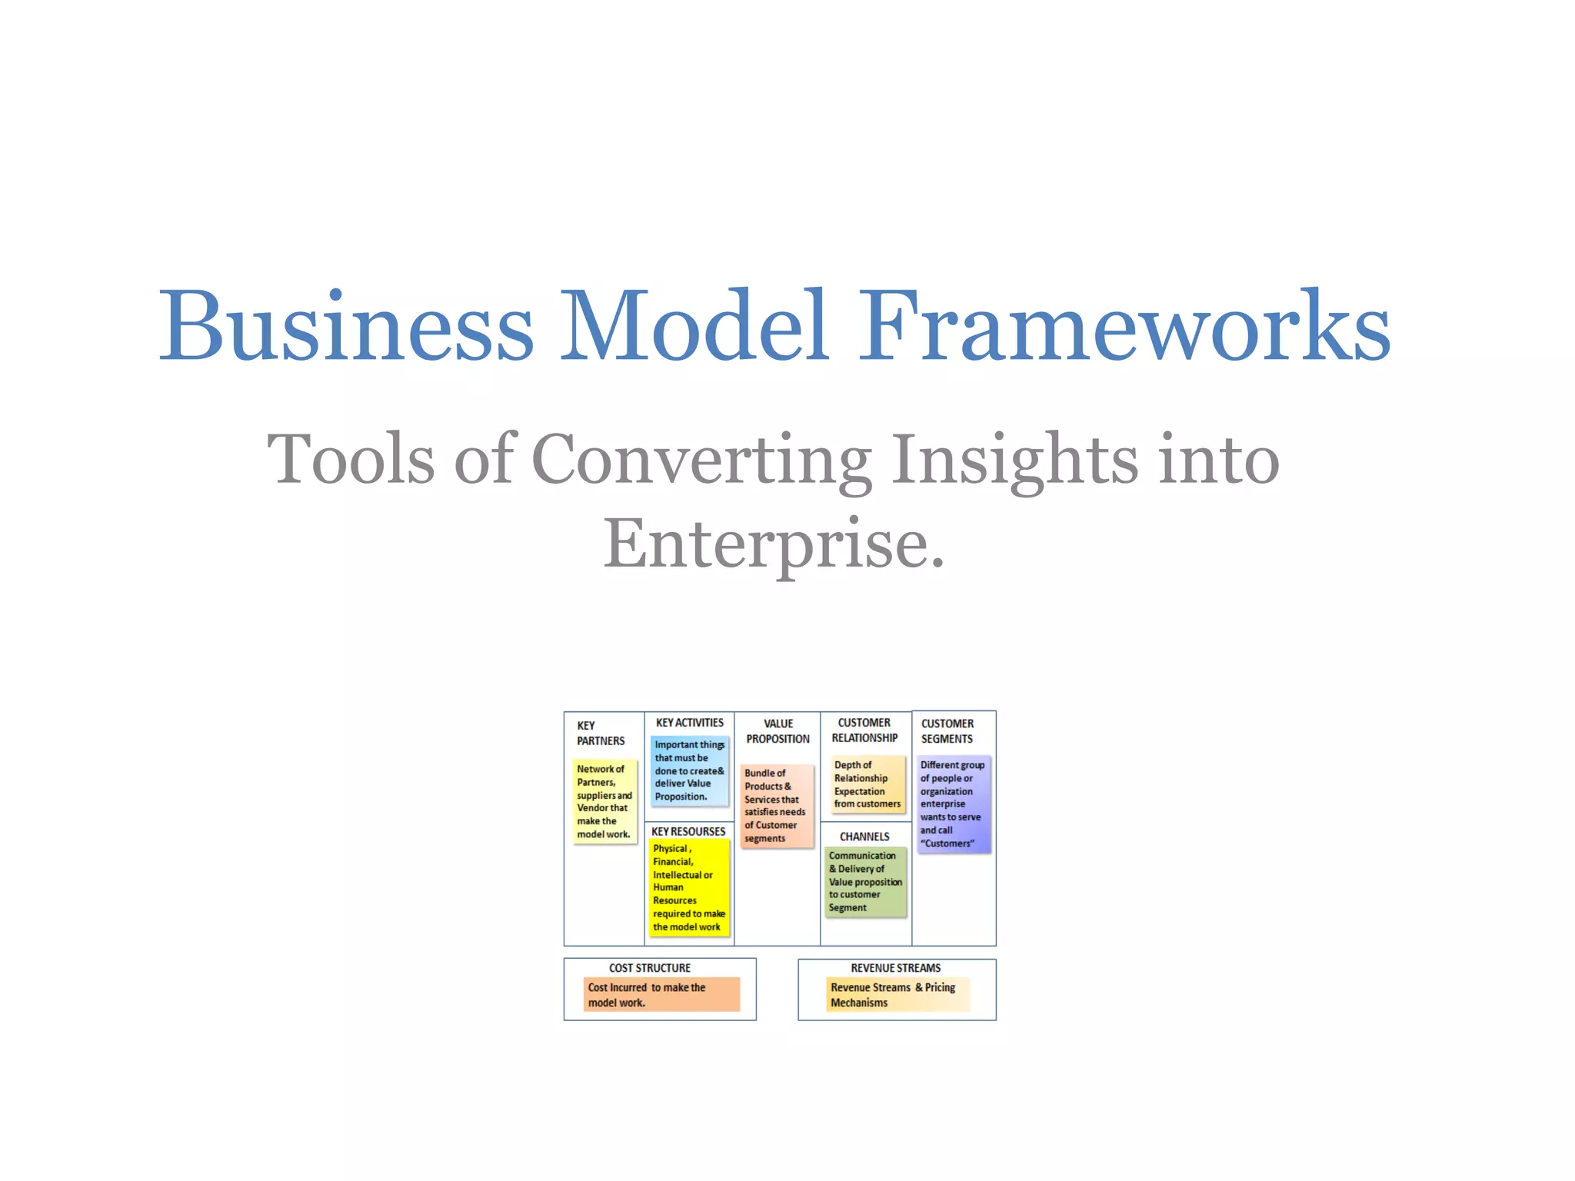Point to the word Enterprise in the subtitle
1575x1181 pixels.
pos(773,544)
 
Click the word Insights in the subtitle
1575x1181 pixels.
pos(1014,459)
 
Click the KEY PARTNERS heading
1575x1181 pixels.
pos(601,733)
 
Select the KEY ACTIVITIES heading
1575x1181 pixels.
pos(689,723)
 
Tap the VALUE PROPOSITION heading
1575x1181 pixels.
pos(778,731)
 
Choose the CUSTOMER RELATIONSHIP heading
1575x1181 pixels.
pos(864,730)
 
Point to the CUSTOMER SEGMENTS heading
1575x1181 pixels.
pos(947,731)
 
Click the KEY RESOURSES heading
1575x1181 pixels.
pos(688,831)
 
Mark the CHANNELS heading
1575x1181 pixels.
pos(864,837)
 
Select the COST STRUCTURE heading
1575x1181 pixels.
pos(650,968)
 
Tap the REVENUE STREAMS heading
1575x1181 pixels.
pos(895,968)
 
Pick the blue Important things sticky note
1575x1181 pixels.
pos(690,770)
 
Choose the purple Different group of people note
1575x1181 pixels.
pos(954,804)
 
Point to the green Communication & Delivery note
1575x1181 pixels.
pos(865,881)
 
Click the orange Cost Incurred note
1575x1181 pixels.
pos(661,994)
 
